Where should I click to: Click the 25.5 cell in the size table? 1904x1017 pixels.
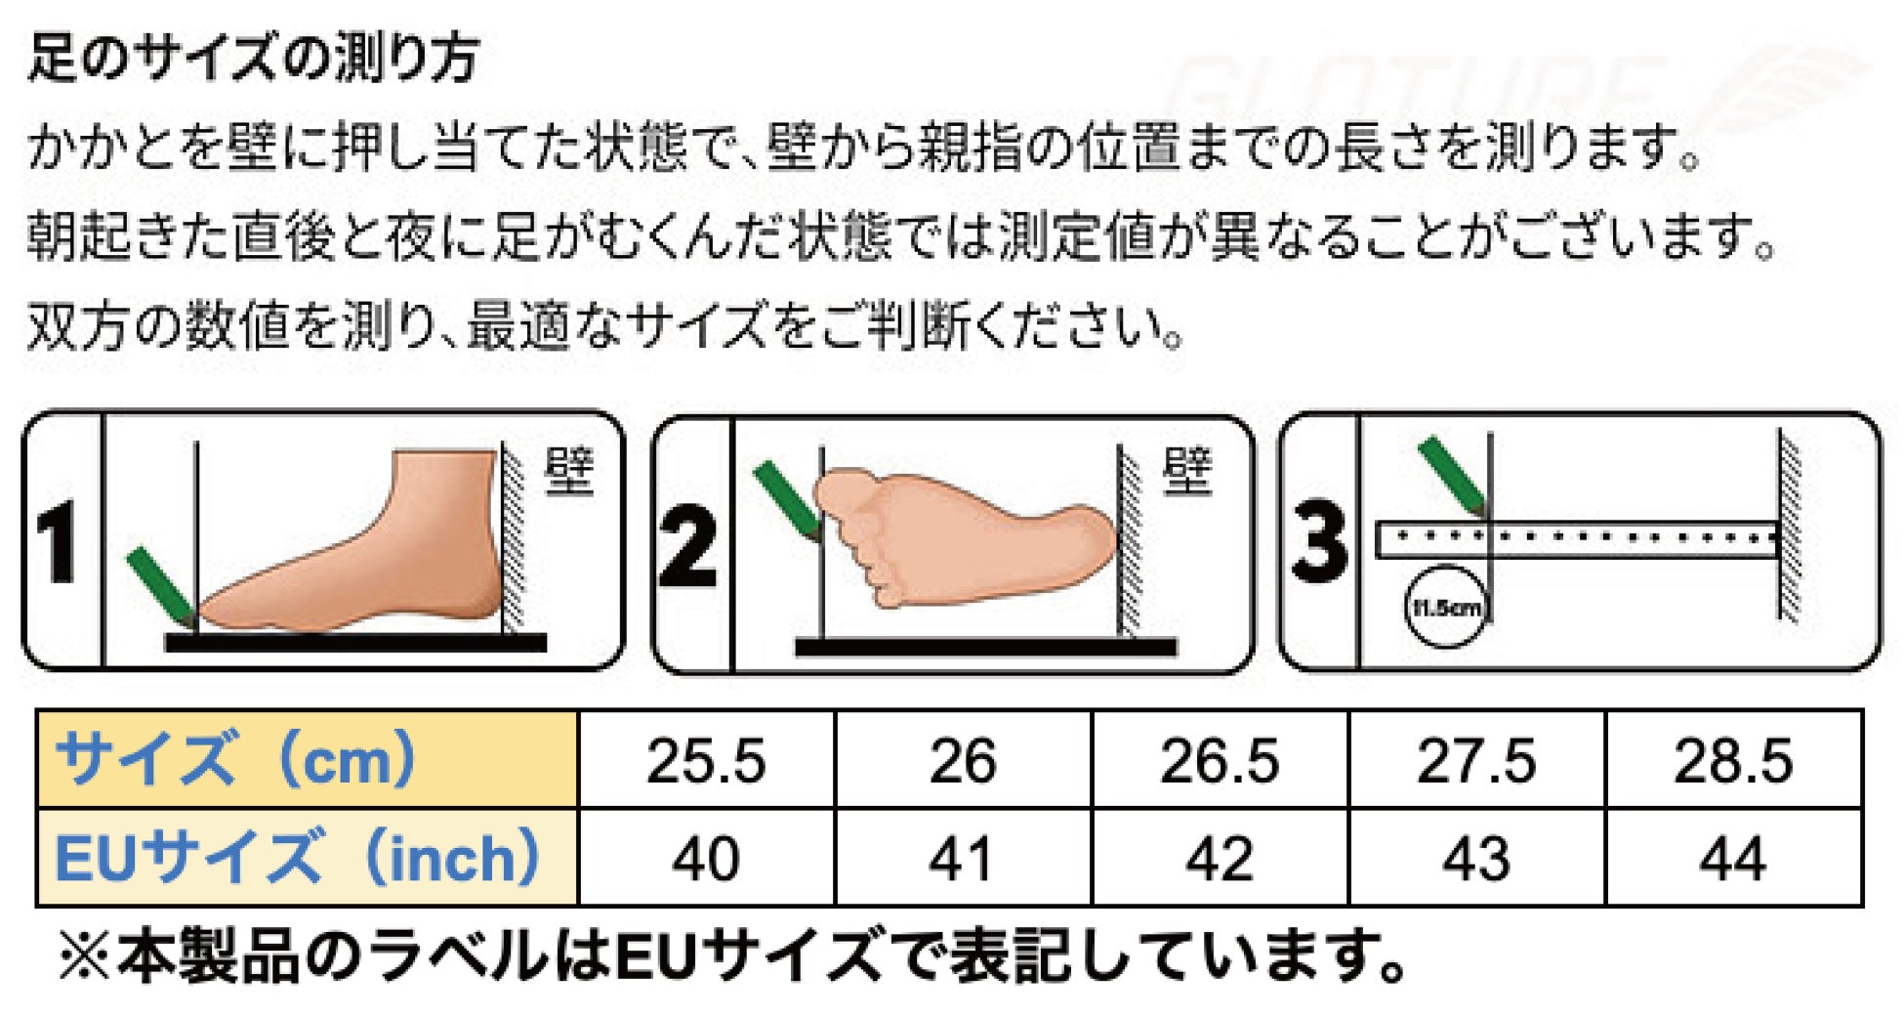tap(707, 760)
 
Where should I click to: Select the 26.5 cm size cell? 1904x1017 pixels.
tap(1220, 760)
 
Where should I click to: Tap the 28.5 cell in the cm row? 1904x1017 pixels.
tap(1733, 760)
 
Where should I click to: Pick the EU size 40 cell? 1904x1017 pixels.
tap(707, 858)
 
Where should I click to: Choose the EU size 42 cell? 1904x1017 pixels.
tap(1220, 858)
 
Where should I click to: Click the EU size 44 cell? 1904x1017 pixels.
tap(1733, 858)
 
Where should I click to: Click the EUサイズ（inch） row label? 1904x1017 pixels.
tap(297, 857)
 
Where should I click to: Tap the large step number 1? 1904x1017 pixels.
tap(58, 543)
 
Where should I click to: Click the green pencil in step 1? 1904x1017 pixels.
tap(161, 587)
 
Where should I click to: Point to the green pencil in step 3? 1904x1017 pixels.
tap(1452, 477)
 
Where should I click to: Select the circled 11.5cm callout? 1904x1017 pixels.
tap(1445, 607)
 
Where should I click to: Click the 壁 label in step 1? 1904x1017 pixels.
tap(568, 471)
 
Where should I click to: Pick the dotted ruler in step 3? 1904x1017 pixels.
tap(1576, 539)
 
